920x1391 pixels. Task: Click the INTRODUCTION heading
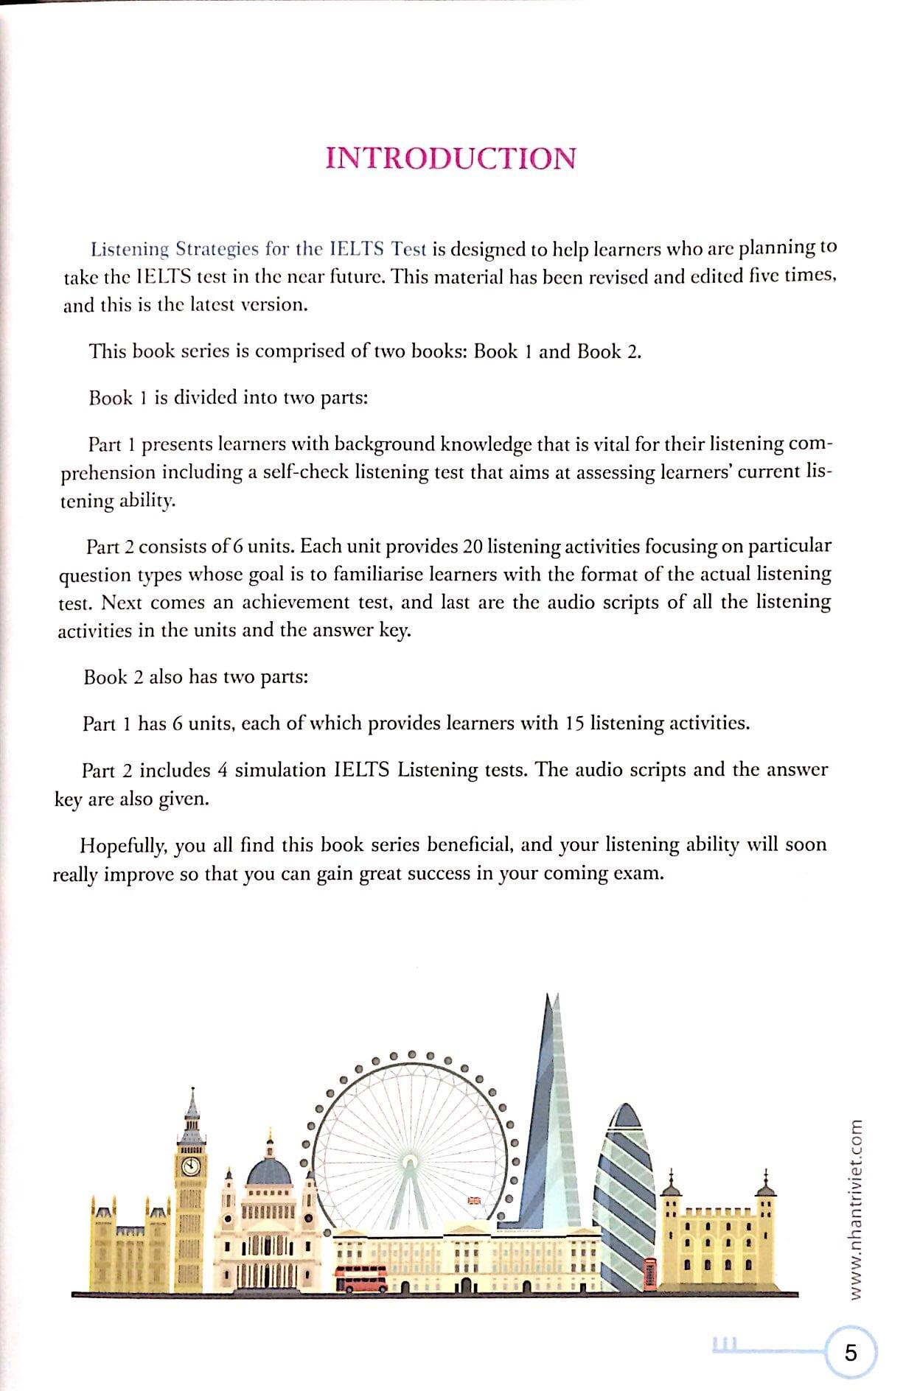pos(450,158)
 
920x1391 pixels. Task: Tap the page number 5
pos(851,1353)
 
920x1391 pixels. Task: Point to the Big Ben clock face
pos(191,1166)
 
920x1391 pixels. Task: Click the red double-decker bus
pos(361,1278)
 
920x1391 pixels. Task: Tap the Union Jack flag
pos(474,1200)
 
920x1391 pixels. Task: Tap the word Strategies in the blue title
pos(217,249)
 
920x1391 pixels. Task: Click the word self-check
pos(305,472)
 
